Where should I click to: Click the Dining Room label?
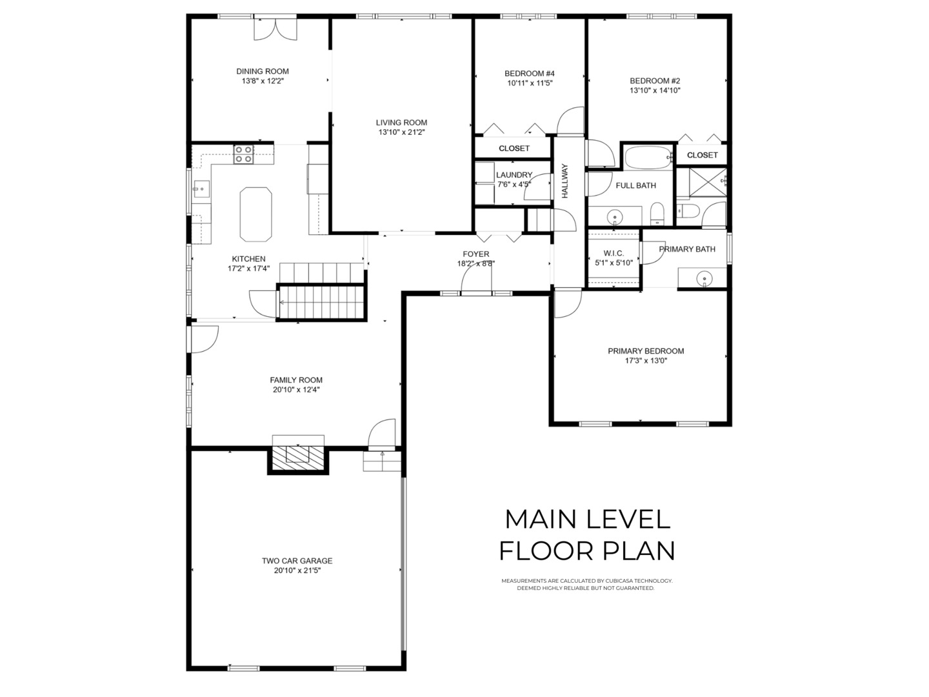coord(263,72)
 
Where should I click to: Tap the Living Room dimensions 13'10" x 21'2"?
coord(401,132)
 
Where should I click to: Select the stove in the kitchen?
coord(244,154)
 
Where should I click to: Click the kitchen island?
coord(255,214)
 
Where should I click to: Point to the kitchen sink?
coord(201,188)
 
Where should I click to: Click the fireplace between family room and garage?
coord(298,458)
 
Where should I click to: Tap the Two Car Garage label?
coord(297,561)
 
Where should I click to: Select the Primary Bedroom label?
coord(646,351)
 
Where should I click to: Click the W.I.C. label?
coord(614,253)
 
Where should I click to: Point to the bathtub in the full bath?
coord(648,158)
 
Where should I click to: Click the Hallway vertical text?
coord(565,181)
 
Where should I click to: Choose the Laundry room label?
coord(514,175)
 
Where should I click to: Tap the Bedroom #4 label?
coord(530,74)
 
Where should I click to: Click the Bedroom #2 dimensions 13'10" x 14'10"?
coord(655,90)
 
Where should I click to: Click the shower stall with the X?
coord(708,182)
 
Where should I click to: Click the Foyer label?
coord(475,254)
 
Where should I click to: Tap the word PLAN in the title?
coord(638,551)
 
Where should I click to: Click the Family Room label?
coord(296,380)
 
